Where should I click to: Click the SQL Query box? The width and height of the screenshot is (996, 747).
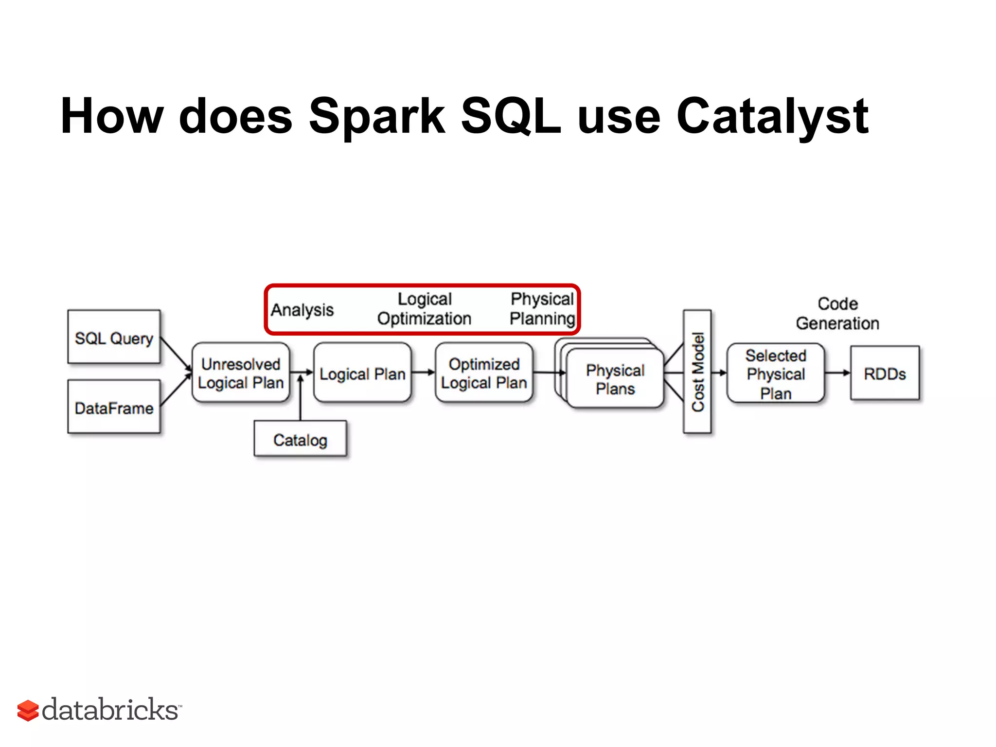(x=114, y=337)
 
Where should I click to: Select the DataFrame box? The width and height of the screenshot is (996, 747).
(x=114, y=407)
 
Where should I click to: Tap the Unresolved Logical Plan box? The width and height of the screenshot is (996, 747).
(x=241, y=373)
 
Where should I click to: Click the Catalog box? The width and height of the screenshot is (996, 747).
(x=300, y=439)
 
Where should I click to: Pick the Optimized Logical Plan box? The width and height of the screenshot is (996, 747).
(x=484, y=373)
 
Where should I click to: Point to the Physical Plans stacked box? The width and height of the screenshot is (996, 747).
(x=615, y=379)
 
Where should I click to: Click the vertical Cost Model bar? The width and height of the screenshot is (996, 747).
(x=697, y=372)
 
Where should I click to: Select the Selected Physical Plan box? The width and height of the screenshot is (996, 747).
(x=775, y=373)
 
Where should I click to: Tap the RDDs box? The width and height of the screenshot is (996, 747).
(x=885, y=373)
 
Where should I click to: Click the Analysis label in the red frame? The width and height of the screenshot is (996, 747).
(x=302, y=310)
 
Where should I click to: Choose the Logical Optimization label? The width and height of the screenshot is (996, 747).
(x=424, y=309)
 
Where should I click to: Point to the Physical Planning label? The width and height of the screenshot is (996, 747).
(x=542, y=309)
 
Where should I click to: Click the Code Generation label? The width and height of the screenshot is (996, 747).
(x=837, y=314)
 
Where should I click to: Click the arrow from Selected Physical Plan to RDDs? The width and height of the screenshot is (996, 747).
(x=837, y=373)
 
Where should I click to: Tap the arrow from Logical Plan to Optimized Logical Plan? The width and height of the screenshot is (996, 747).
(x=423, y=373)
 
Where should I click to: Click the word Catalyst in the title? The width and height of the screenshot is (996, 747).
(x=772, y=117)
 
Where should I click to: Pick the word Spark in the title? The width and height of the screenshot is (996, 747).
(x=376, y=117)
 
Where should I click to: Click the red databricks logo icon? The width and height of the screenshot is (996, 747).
(x=28, y=711)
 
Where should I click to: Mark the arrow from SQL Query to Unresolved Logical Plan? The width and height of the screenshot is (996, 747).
(x=176, y=354)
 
